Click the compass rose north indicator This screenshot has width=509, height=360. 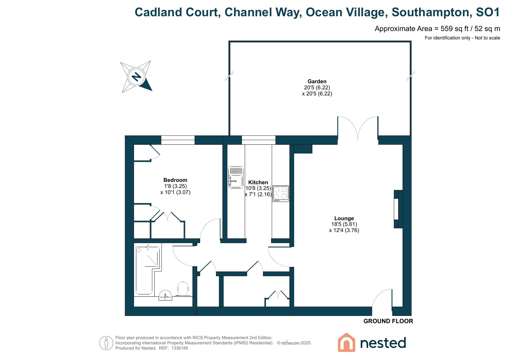click(136, 77)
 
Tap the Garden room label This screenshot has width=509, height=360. click(317, 82)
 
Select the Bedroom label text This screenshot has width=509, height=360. click(175, 180)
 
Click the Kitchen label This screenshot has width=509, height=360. click(258, 182)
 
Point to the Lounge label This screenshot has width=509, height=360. click(344, 218)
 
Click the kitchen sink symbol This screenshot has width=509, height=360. click(236, 177)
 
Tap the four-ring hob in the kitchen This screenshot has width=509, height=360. click(280, 193)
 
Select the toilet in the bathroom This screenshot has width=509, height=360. click(183, 289)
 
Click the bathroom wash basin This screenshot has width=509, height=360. click(166, 295)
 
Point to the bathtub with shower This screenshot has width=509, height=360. click(147, 270)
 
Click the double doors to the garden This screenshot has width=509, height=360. click(358, 128)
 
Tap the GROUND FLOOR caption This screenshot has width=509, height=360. click(388, 321)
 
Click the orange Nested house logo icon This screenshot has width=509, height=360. click(346, 343)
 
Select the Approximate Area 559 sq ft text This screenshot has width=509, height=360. click(437, 29)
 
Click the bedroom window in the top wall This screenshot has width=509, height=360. click(178, 140)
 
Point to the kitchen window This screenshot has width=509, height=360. click(258, 140)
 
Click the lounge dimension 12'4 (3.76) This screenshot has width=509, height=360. click(344, 230)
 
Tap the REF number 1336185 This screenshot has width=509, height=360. click(180, 348)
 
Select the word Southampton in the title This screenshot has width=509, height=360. click(430, 12)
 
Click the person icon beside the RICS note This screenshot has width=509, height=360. click(106, 343)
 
